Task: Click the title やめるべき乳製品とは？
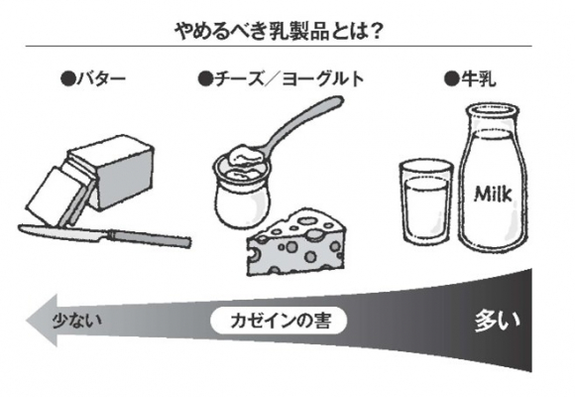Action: [279, 32]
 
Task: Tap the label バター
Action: [101, 79]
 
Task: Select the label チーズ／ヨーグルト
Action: [288, 79]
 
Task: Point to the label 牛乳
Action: [478, 79]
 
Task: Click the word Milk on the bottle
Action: [493, 194]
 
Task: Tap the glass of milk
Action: [426, 202]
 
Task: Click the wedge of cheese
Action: [296, 242]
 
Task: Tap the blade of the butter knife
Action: [63, 231]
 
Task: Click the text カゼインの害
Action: [281, 321]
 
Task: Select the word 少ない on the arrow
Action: [76, 321]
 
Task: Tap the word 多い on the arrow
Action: [498, 322]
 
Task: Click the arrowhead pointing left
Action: [42, 321]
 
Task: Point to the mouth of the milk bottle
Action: [493, 109]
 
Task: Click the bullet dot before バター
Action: [68, 79]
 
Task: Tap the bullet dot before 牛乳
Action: [452, 78]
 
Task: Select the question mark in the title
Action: [375, 32]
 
